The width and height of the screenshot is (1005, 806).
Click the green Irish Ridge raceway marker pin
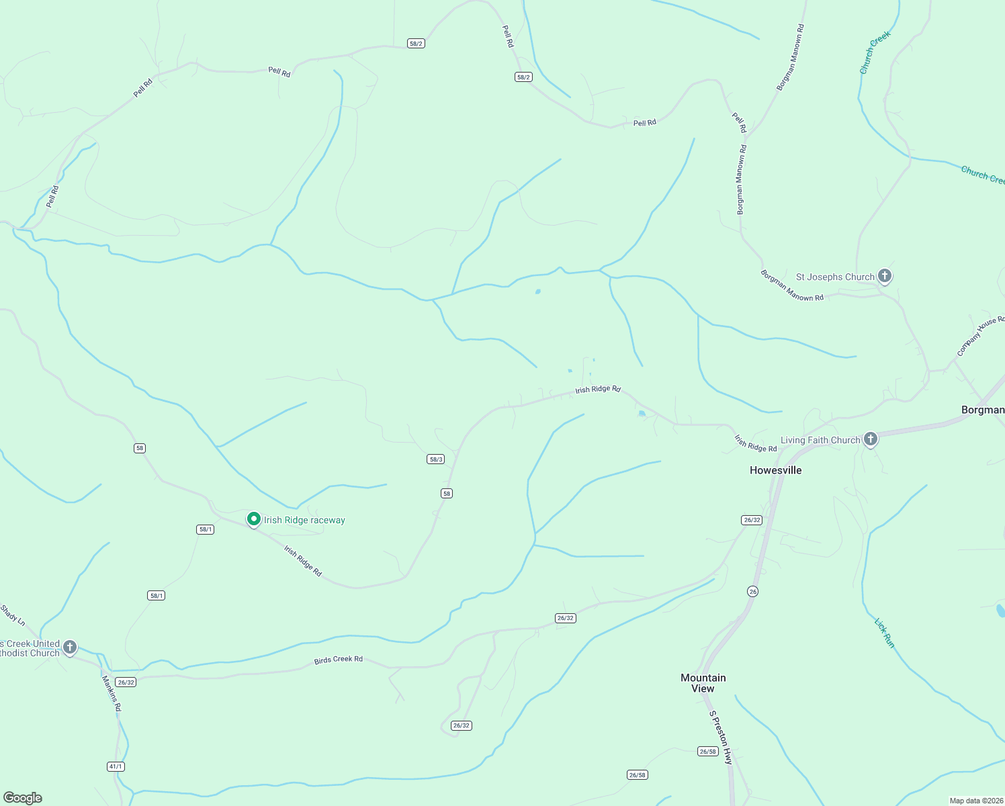(254, 519)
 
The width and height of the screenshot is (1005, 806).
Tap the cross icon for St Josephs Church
(885, 276)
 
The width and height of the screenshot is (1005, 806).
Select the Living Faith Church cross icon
(871, 440)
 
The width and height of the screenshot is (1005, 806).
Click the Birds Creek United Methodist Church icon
(70, 648)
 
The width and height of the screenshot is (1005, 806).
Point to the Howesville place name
(775, 470)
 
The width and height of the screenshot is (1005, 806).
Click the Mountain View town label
(703, 683)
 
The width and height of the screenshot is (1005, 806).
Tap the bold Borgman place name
(982, 410)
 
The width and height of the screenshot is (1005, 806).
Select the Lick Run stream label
(884, 633)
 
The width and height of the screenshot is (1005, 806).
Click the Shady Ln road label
(13, 615)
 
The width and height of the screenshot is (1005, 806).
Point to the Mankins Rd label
(112, 693)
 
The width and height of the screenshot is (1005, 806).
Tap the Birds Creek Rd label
(338, 660)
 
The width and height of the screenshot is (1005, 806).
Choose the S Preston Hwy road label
(721, 737)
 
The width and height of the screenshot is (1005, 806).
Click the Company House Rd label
(980, 337)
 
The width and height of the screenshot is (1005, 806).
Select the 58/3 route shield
(435, 459)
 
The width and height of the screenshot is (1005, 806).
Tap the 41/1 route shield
(116, 766)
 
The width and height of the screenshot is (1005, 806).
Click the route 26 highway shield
(752, 592)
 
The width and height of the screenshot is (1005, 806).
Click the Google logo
(23, 797)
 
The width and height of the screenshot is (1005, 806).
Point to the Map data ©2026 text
(975, 801)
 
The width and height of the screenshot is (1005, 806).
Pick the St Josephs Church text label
(835, 277)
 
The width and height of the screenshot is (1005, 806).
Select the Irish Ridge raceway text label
(304, 520)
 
